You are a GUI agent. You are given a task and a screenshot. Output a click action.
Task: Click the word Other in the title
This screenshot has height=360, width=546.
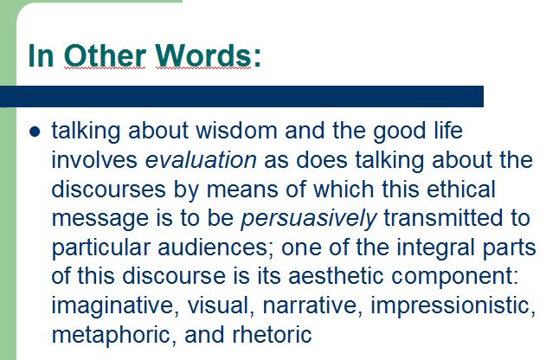tap(105, 55)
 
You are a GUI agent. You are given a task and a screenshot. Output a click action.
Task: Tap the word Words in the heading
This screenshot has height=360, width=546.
tap(203, 55)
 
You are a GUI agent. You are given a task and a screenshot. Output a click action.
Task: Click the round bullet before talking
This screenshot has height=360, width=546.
tap(35, 132)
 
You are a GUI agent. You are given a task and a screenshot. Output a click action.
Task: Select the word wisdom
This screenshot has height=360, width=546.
tap(236, 131)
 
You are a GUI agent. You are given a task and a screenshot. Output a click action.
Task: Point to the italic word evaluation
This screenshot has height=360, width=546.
tap(201, 160)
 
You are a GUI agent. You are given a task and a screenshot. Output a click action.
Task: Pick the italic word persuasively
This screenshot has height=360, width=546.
tap(309, 219)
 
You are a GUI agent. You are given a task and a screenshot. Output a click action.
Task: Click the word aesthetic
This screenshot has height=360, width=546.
tap(336, 276)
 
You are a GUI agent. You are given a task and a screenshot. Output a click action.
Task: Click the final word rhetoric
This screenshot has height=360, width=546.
tap(272, 335)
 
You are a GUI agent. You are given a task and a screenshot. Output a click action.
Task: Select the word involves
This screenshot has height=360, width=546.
tap(94, 160)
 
